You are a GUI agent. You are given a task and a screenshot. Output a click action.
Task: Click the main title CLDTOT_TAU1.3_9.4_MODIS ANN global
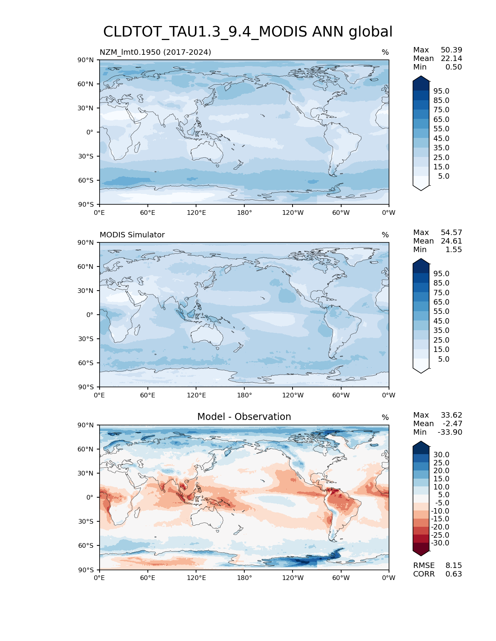[248, 32]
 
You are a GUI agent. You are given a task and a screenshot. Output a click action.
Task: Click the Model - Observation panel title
[244, 417]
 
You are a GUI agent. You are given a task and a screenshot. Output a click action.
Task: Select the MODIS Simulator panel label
[132, 235]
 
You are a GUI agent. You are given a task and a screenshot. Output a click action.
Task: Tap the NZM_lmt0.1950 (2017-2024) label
[155, 52]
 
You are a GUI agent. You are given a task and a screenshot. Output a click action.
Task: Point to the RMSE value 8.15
[454, 566]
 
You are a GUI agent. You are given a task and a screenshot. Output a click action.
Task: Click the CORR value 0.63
[454, 574]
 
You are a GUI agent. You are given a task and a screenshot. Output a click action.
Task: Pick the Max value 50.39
[451, 50]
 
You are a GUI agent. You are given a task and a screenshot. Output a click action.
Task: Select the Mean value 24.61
[451, 241]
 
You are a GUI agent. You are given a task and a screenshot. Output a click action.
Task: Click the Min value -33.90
[450, 432]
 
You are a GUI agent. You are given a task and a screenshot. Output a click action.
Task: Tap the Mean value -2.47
[452, 424]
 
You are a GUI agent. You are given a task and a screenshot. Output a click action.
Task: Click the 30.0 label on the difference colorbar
[442, 455]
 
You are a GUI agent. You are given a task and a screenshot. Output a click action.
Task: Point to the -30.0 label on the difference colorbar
[440, 543]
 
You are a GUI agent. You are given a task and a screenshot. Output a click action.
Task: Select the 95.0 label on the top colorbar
[442, 91]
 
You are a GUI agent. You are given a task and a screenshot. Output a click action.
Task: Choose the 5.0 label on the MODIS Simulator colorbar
[443, 359]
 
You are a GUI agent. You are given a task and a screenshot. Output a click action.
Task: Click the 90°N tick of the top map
[86, 60]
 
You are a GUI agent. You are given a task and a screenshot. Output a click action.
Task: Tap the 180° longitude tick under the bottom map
[244, 578]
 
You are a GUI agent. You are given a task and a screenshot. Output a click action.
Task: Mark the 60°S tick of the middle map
[86, 363]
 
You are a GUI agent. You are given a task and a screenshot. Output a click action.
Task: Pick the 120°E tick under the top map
[196, 213]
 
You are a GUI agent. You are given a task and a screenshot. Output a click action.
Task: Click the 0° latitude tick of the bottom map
[90, 498]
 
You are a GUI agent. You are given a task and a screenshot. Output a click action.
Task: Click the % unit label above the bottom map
[385, 418]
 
